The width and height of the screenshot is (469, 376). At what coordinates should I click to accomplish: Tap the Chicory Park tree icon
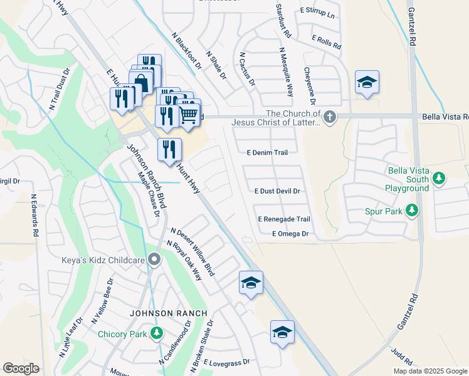tap(157, 333)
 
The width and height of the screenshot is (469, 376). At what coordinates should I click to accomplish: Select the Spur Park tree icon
tap(412, 211)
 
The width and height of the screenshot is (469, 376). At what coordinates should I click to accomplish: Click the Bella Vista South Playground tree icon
tap(440, 179)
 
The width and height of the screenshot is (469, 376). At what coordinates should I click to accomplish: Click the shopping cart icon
tap(189, 115)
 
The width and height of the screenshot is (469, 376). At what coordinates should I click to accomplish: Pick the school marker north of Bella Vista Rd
tap(367, 83)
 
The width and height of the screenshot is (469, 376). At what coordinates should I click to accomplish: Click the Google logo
tap(21, 368)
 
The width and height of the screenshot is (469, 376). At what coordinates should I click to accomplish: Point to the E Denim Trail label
tap(267, 152)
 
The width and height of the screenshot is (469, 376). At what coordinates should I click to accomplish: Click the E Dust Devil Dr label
tap(277, 191)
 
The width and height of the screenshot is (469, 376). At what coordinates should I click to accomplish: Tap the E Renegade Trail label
tap(284, 219)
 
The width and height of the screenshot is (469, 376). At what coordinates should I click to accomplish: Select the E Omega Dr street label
tap(290, 234)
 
